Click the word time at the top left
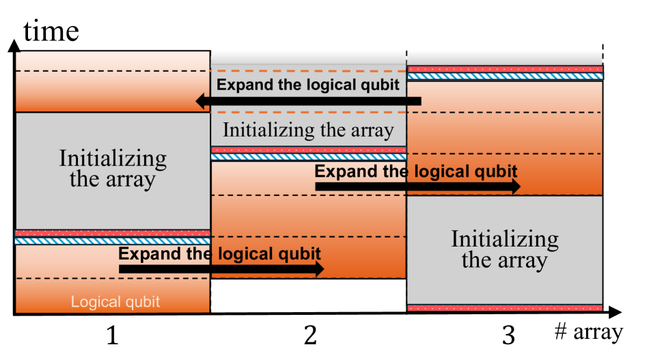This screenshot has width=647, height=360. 51,31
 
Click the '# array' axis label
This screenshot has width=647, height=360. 588,333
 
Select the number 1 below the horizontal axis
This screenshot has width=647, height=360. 113,335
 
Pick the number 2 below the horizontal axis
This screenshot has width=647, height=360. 309,335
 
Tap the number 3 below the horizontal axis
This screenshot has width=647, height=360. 508,335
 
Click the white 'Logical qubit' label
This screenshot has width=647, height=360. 115,302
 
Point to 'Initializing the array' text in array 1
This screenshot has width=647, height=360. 113,169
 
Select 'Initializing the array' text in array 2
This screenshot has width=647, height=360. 308,130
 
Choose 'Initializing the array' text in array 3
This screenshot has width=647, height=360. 505,250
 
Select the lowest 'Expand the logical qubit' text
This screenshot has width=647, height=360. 219,254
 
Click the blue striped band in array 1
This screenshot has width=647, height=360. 113,241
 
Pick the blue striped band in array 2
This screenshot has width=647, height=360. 308,157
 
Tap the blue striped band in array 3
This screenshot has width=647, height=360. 505,76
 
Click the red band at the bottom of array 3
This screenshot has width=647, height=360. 505,308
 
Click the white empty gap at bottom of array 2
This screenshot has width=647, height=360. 308,296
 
